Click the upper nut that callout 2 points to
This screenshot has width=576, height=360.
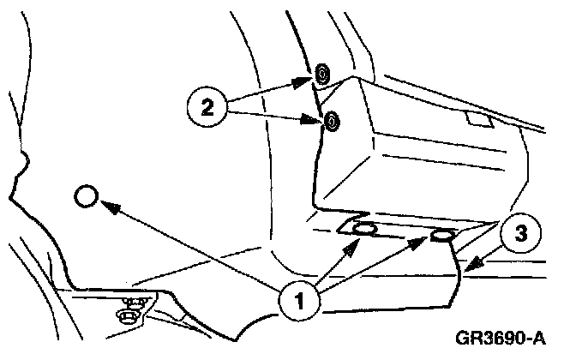[x=321, y=75]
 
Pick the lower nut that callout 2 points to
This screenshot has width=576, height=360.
[x=330, y=123]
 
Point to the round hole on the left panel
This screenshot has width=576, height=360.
[x=87, y=198]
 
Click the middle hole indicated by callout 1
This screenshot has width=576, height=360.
[x=363, y=229]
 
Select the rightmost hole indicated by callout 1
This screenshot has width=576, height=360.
[x=443, y=236]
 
